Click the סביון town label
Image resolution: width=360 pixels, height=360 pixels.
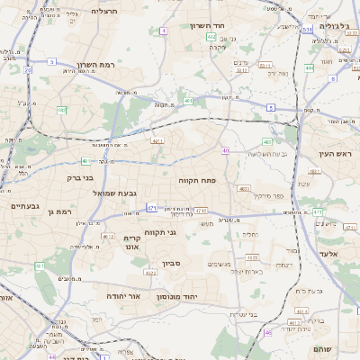pyautogui.click(x=172, y=264)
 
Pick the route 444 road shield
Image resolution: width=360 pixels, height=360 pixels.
pyautogui.click(x=309, y=67)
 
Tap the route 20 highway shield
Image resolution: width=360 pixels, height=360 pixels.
pyautogui.click(x=28, y=67)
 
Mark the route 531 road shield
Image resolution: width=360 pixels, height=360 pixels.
pyautogui.click(x=307, y=30)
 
